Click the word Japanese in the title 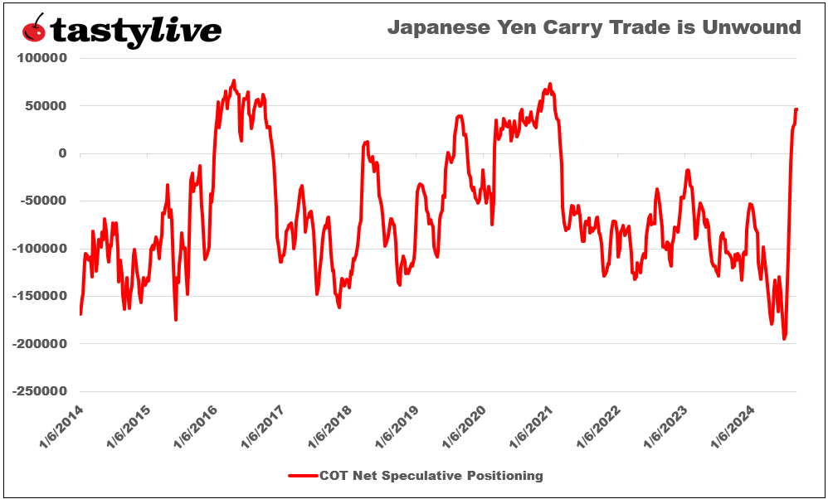click(x=439, y=27)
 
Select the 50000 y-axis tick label click(x=44, y=106)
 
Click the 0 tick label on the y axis click(x=61, y=153)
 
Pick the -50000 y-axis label click(x=41, y=201)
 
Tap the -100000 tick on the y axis click(x=38, y=249)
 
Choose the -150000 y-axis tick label click(x=38, y=296)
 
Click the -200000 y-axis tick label click(x=38, y=343)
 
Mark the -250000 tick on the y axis click(x=38, y=391)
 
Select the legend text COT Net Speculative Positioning click(x=431, y=476)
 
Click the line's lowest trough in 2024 click(x=784, y=339)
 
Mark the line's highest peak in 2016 click(x=234, y=80)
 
